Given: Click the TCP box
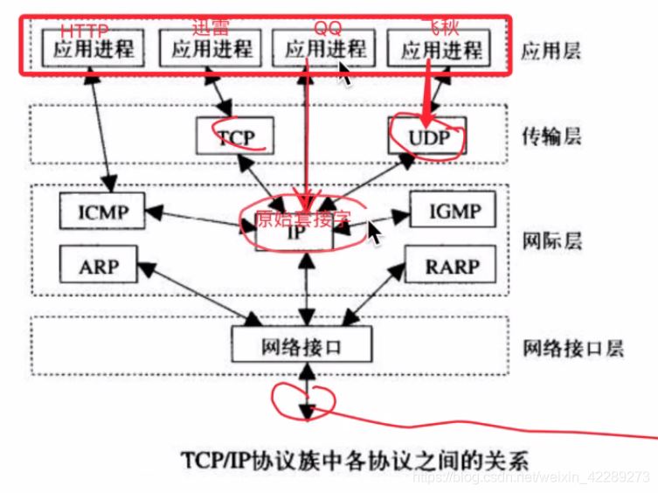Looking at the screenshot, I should [x=233, y=136].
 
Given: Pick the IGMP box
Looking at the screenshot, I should [x=452, y=211].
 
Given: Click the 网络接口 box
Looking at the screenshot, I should [x=301, y=346].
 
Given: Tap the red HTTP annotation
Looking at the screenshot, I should [x=85, y=30].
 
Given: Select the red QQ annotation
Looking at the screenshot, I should [x=328, y=29].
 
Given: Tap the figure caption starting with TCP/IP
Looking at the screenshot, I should [x=354, y=459].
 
